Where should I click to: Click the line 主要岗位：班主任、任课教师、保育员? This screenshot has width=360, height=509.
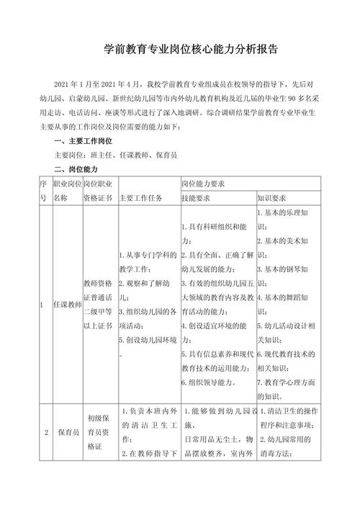click(116, 155)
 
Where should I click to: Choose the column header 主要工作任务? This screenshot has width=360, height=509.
click(141, 198)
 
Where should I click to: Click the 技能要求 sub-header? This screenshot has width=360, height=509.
click(196, 198)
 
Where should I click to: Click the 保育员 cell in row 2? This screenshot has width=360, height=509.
click(68, 433)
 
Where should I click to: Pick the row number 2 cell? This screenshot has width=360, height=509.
click(45, 433)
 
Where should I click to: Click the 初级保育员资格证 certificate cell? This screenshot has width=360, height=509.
click(99, 433)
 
